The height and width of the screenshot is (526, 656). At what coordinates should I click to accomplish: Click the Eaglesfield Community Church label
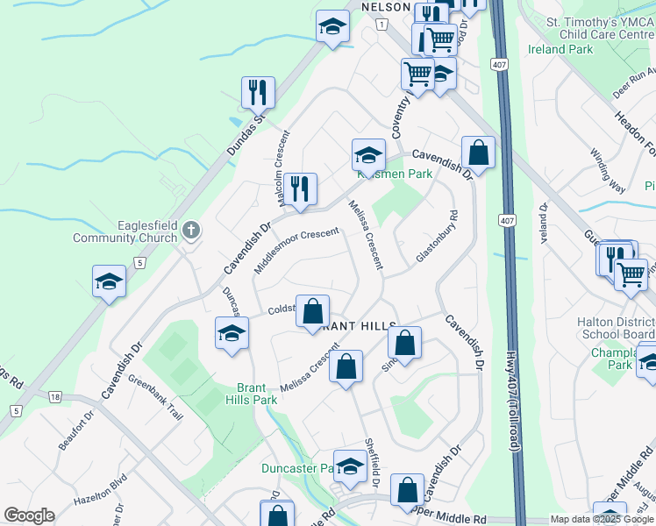(x=125, y=231)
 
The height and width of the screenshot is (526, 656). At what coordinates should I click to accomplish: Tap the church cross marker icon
(x=192, y=231)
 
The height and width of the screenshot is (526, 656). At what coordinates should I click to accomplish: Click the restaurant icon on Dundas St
(x=258, y=92)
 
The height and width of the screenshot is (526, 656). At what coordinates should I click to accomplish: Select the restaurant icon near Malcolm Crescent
(x=300, y=188)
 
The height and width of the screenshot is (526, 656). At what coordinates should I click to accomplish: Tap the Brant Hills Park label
(x=257, y=394)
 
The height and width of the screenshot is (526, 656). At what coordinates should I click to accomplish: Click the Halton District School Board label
(x=616, y=329)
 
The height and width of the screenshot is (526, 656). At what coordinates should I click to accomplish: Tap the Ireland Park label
(x=561, y=50)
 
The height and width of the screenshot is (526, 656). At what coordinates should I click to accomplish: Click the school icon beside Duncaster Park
(x=350, y=466)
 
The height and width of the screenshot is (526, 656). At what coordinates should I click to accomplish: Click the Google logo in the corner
(x=29, y=515)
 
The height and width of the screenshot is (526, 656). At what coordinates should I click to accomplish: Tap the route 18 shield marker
(x=55, y=398)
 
